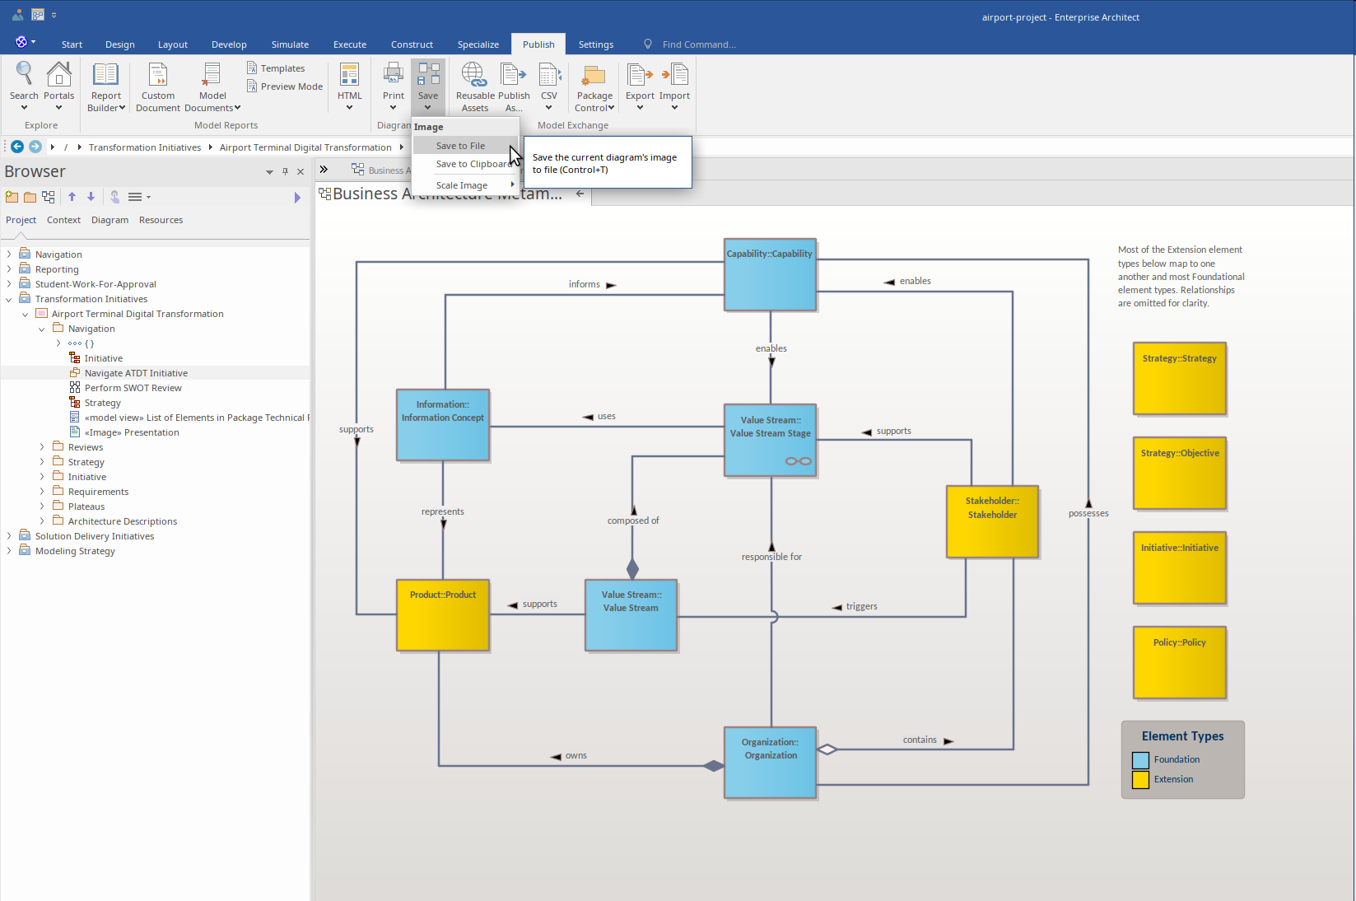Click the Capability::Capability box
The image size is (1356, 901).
(770, 274)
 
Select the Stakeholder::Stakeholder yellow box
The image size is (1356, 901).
(992, 521)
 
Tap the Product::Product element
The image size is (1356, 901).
(442, 615)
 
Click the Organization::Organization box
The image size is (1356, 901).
(770, 763)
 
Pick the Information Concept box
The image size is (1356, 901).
(442, 425)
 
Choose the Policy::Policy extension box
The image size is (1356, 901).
(1179, 662)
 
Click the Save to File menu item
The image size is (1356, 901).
(460, 145)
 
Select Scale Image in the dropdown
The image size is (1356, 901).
(461, 185)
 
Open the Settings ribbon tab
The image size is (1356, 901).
(596, 44)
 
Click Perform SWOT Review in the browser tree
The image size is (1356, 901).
(133, 388)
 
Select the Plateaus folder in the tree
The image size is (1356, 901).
(86, 507)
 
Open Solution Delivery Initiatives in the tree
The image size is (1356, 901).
(95, 536)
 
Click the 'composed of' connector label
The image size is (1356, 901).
(633, 521)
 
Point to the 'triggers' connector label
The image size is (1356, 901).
(861, 606)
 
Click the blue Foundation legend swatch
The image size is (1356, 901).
(1140, 760)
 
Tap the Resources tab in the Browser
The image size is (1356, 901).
(161, 220)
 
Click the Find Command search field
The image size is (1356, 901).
(699, 44)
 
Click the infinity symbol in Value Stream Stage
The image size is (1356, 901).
(799, 461)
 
